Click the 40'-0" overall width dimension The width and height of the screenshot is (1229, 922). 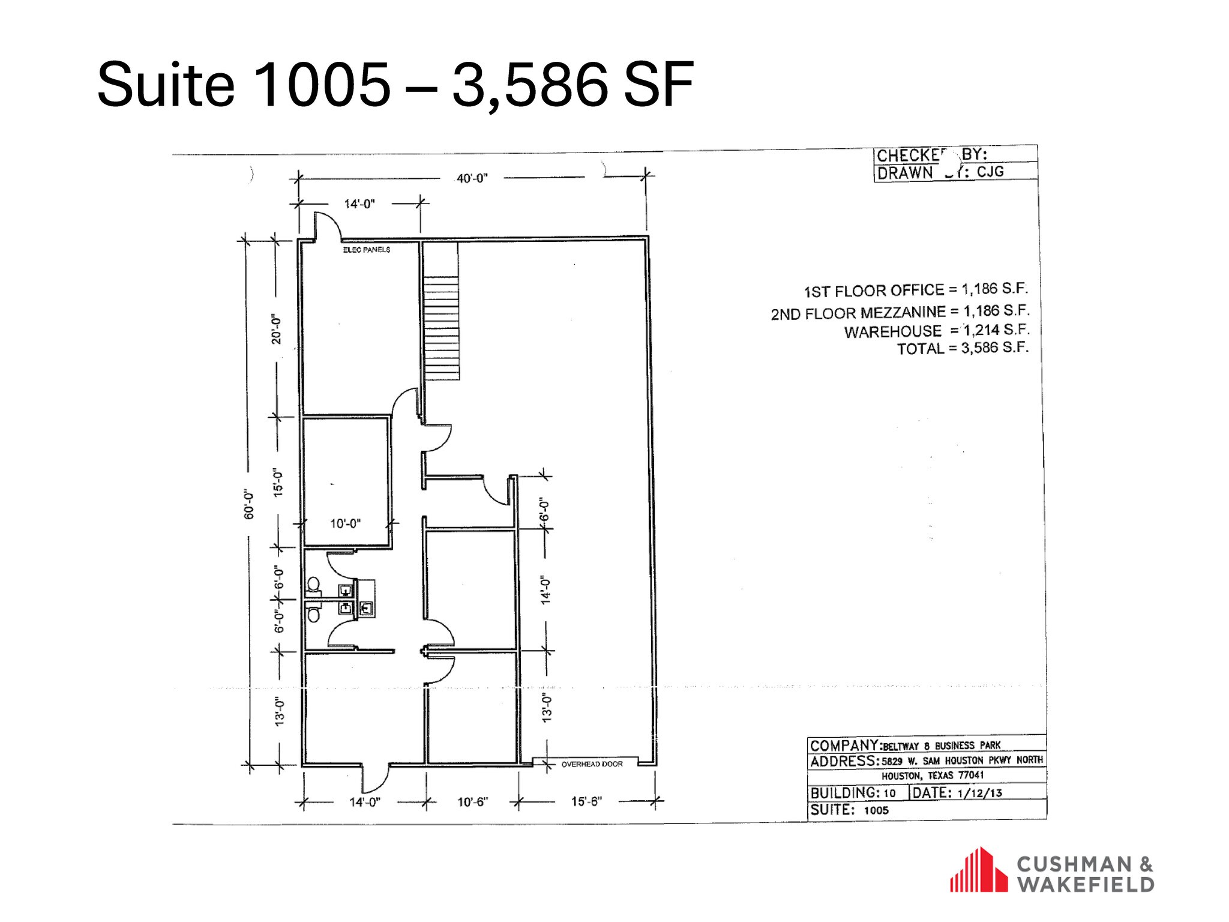[472, 178]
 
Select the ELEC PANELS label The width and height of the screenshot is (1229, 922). [367, 250]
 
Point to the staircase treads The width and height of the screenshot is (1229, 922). [441, 328]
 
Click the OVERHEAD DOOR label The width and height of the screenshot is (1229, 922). [592, 764]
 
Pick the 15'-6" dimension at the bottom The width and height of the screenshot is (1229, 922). [586, 802]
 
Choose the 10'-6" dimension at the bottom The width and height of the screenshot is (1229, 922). [472, 802]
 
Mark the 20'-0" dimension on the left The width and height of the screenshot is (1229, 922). [277, 328]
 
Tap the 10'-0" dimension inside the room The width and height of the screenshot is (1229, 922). [345, 524]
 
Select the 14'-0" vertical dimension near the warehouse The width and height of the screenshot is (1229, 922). [545, 590]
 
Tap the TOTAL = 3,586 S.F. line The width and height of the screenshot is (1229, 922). [962, 348]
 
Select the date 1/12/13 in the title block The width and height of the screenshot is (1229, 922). [980, 793]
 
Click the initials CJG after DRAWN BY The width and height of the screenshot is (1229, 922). [990, 172]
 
